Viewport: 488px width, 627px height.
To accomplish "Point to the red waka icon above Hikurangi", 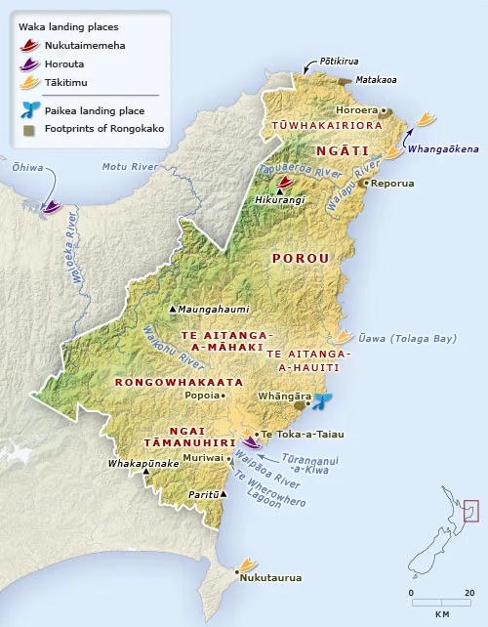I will (284, 182).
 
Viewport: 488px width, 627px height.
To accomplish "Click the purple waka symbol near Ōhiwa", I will (52, 206).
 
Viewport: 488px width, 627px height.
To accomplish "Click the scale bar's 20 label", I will (469, 593).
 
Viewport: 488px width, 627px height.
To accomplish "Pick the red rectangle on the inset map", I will (471, 510).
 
